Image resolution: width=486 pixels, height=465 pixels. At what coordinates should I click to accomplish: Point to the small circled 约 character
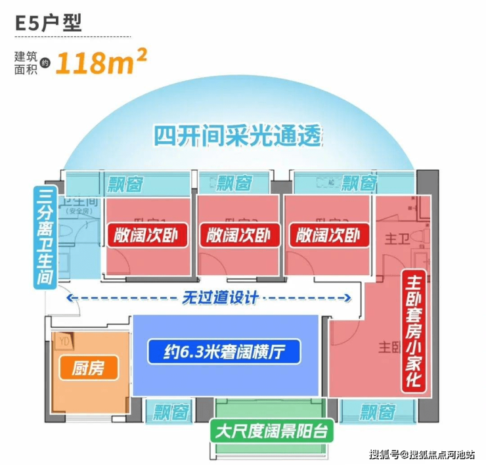point(45,63)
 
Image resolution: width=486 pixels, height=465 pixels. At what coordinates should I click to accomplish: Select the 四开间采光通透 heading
point(239,137)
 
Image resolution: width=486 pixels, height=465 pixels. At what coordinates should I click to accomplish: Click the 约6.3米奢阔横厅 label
point(223,352)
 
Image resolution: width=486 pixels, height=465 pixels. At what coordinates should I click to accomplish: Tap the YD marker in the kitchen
point(64,342)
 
